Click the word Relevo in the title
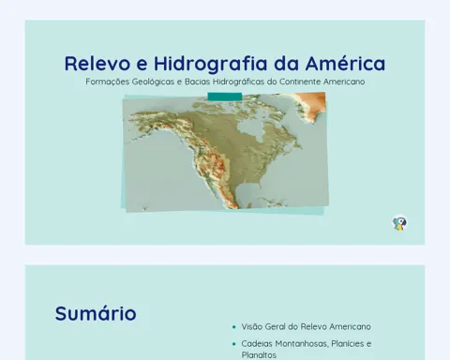click(x=97, y=64)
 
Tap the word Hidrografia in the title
click(x=211, y=64)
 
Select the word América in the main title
click(x=345, y=63)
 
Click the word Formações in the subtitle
click(x=107, y=82)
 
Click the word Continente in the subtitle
click(x=300, y=82)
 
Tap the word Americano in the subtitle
click(x=344, y=82)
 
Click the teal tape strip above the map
click(x=225, y=97)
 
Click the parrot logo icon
click(x=399, y=223)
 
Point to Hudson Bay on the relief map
click(x=251, y=129)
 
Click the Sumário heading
click(x=96, y=313)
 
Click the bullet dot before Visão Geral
click(x=234, y=327)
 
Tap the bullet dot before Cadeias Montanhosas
click(x=234, y=344)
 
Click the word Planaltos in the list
click(x=259, y=355)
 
